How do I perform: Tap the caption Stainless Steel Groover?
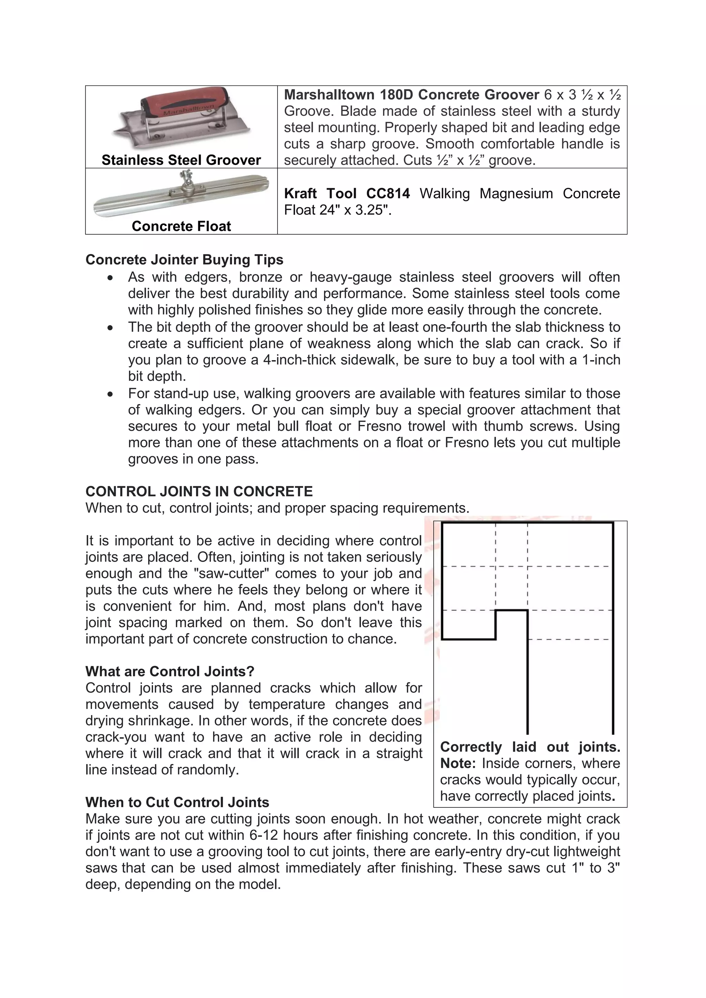click(181, 160)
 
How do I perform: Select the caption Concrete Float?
click(181, 226)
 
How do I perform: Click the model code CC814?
click(388, 193)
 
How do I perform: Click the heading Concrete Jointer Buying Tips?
click(184, 259)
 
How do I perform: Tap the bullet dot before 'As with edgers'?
click(111, 278)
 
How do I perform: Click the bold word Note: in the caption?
click(458, 763)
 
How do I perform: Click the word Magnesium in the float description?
click(516, 193)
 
